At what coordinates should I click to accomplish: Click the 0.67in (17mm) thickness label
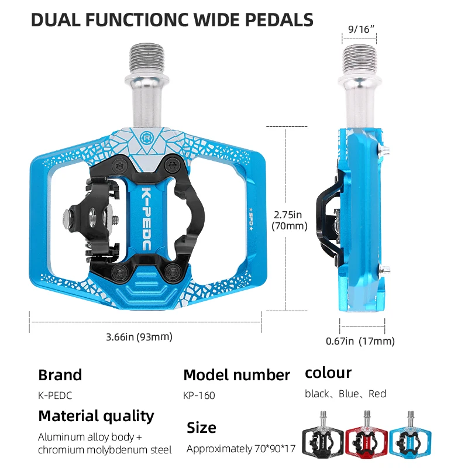[360, 341]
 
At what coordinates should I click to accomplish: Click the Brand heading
[60, 375]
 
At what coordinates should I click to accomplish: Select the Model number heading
[236, 375]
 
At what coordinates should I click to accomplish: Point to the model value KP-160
[199, 395]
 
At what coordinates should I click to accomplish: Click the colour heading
[328, 373]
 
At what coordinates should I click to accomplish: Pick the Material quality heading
[96, 416]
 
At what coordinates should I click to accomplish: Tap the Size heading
[201, 427]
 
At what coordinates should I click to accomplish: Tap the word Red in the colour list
[377, 394]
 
